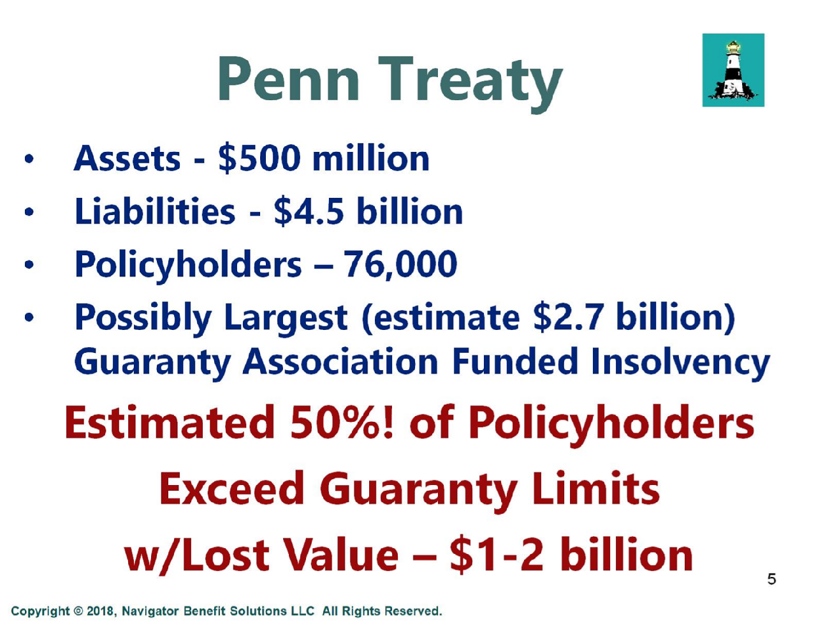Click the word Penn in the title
coord(288,79)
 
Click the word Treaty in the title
coord(470,84)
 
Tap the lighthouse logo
coord(733,70)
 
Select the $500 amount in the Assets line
coord(260,158)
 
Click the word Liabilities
coord(155,211)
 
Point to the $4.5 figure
coord(309,211)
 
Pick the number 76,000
coord(400,265)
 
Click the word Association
coord(340,362)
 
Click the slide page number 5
coord(771,579)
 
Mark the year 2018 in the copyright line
coord(99,611)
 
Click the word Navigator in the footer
coord(150,611)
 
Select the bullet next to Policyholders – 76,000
coord(29,264)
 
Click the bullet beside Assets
coord(29,159)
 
